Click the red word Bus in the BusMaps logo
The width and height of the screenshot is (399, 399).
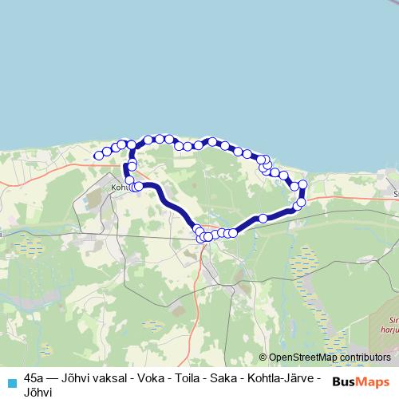point(344,381)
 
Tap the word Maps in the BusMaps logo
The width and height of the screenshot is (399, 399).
point(373,381)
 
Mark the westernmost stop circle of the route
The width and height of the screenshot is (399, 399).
point(98,155)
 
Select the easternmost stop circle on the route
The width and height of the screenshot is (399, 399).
point(302,185)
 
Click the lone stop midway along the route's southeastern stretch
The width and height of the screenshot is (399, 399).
point(263,218)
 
